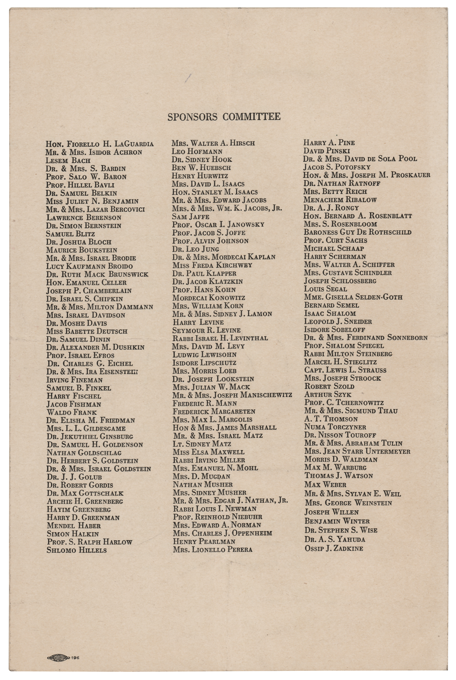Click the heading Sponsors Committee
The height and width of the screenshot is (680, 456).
(x=224, y=117)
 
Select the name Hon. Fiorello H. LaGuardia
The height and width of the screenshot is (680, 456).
(x=100, y=144)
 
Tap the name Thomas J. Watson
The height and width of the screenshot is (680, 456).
(x=338, y=476)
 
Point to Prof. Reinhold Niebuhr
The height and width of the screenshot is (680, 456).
(x=217, y=517)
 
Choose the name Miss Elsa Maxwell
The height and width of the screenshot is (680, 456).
(x=208, y=452)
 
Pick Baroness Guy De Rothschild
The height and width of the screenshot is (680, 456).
(x=357, y=232)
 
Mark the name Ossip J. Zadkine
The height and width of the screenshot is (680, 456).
(x=334, y=548)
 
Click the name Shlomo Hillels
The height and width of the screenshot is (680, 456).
(x=76, y=550)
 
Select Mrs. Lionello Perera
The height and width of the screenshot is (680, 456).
(x=212, y=549)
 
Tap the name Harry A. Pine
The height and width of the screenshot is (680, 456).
(x=329, y=143)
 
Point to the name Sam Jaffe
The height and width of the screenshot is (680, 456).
(x=191, y=217)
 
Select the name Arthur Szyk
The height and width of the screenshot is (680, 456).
(x=328, y=394)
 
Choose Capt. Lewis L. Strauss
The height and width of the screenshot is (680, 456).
(x=345, y=370)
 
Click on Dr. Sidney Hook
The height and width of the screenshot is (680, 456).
(x=202, y=159)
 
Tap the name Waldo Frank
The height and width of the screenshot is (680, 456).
(x=72, y=412)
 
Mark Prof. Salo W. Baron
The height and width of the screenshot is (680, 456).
(x=86, y=176)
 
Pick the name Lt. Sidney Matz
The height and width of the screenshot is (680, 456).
(x=202, y=444)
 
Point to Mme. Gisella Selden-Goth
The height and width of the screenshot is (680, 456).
(x=353, y=297)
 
